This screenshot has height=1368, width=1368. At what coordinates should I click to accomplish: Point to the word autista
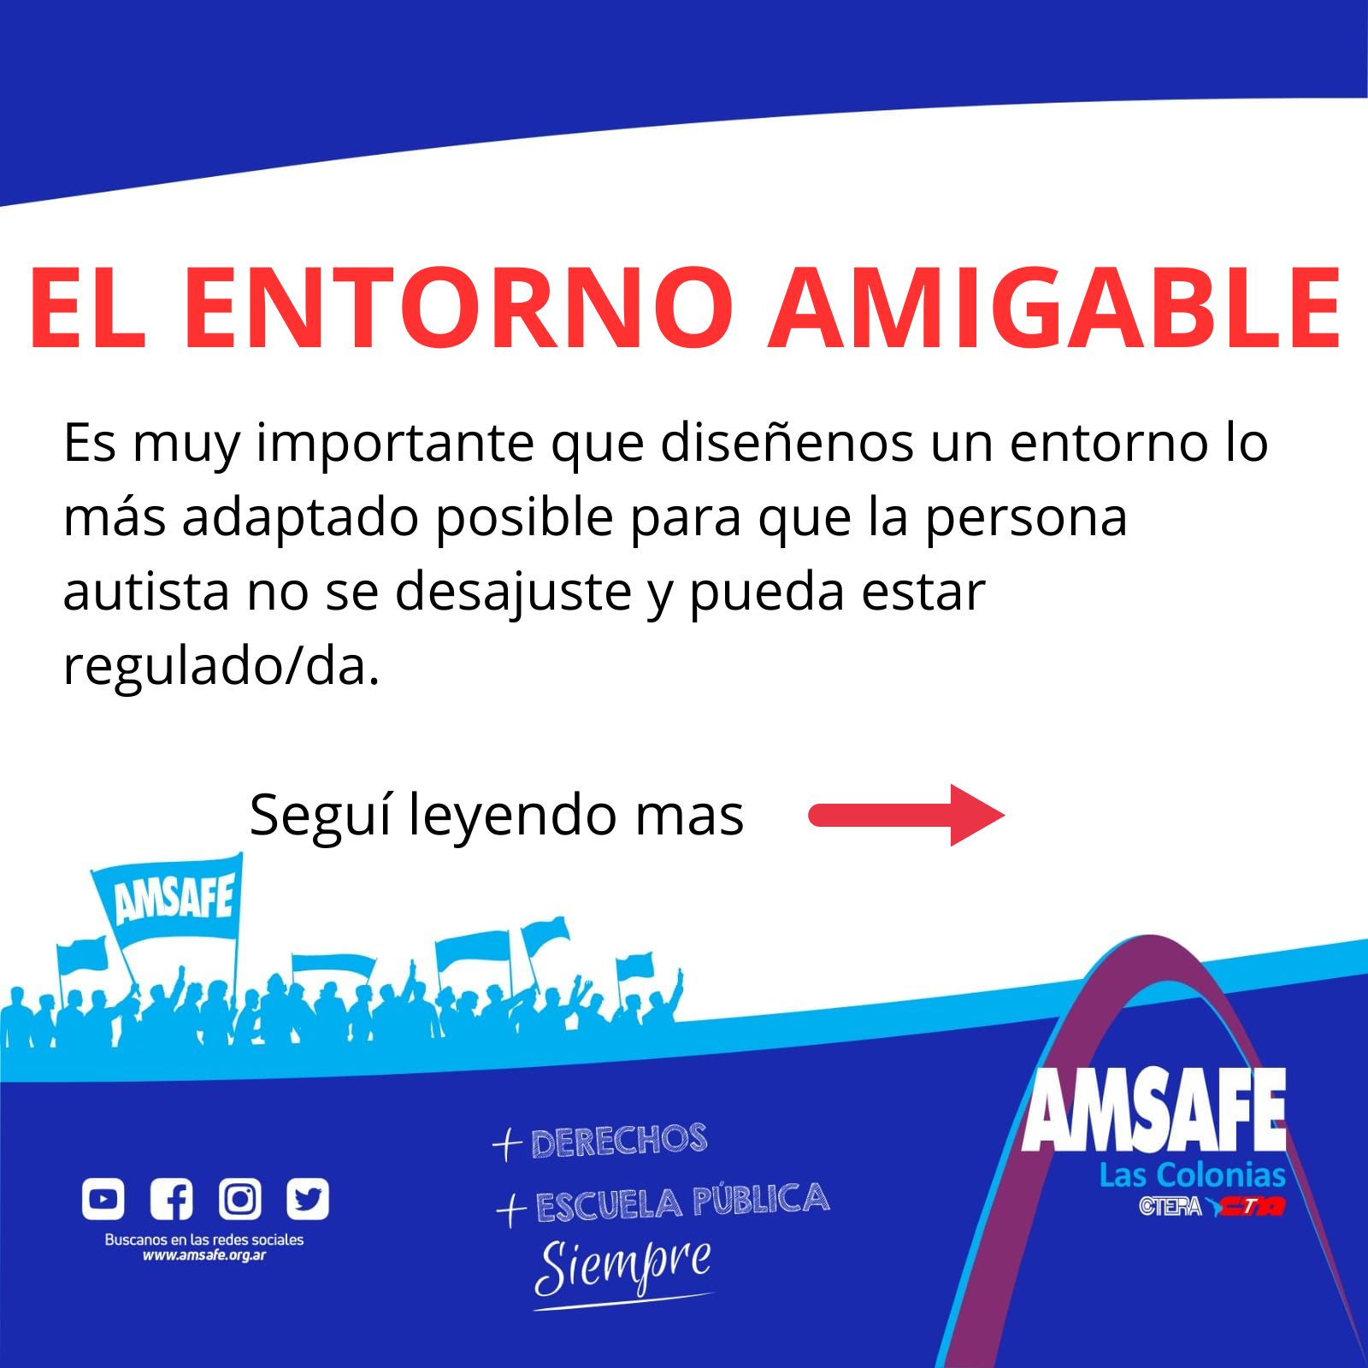click(x=146, y=592)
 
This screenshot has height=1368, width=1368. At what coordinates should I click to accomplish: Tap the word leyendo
click(x=512, y=817)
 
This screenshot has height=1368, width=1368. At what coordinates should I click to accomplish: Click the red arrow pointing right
click(x=906, y=816)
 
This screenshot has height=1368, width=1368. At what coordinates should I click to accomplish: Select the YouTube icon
click(x=103, y=1200)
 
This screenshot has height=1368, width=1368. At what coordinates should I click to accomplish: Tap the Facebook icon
click(x=172, y=1200)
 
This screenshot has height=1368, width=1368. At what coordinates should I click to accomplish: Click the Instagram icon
click(x=240, y=1200)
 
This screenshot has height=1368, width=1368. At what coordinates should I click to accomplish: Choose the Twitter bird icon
click(x=308, y=1200)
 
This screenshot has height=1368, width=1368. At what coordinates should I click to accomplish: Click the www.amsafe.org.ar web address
click(x=204, y=1256)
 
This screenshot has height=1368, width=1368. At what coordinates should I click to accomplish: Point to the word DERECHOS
click(x=619, y=1141)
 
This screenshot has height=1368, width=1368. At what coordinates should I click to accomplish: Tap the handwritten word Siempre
click(x=623, y=1269)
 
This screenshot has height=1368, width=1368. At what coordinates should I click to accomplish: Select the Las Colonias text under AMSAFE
click(x=1193, y=1176)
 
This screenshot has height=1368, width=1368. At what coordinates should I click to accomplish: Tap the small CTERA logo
click(x=1170, y=1206)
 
